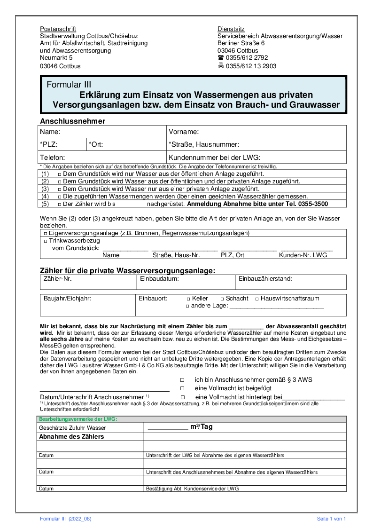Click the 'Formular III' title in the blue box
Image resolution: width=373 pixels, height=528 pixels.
point(69,85)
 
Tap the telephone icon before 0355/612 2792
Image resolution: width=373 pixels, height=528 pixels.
point(220,58)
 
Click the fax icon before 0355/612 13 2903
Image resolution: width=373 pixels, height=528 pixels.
point(220,66)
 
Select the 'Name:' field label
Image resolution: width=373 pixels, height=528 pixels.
point(50,132)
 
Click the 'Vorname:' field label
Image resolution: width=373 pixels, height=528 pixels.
point(184,132)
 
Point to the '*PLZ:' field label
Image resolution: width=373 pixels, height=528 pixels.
point(49,144)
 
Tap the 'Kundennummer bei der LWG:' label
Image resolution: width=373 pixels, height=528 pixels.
point(214,157)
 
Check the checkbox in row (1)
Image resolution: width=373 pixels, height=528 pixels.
point(60,174)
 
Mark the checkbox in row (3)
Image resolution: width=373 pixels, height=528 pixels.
point(60,189)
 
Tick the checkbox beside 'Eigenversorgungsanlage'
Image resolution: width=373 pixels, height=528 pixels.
point(46,233)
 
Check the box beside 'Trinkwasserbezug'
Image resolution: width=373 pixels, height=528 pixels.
point(46,241)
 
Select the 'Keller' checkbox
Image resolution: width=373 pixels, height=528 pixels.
point(188,299)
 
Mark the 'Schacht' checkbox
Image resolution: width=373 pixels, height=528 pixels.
point(222,299)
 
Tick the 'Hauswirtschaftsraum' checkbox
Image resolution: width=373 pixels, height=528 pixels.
point(257,299)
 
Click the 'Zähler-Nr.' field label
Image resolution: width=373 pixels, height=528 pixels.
point(57,279)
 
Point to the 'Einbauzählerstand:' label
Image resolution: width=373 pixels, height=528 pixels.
point(265,279)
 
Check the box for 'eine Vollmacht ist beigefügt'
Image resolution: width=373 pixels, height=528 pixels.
point(182,388)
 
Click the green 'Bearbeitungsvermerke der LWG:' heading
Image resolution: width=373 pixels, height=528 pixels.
point(78,419)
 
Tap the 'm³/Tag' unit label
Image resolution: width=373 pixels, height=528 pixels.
point(202,427)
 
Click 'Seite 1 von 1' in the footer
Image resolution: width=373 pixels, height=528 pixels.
point(331,519)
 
